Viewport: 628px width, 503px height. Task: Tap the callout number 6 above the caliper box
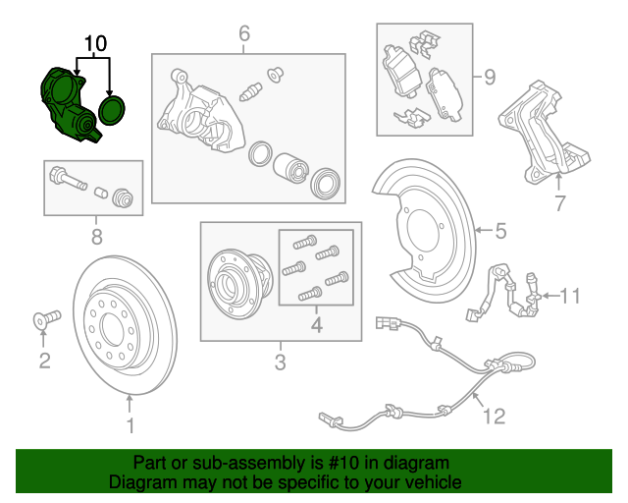point(243,37)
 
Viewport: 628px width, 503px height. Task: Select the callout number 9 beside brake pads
point(489,76)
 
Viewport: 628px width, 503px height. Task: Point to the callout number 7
point(559,203)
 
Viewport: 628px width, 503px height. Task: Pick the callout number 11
point(571,294)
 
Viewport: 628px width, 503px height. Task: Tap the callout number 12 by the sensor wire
point(494,416)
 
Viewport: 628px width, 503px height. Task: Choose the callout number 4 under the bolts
point(316,325)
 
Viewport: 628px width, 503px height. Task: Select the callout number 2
point(44,362)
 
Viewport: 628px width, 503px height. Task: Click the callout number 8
point(95,236)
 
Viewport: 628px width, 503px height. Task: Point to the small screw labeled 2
point(45,317)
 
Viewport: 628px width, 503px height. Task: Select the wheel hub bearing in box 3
point(237,279)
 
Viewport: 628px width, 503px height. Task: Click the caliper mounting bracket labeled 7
point(543,133)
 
